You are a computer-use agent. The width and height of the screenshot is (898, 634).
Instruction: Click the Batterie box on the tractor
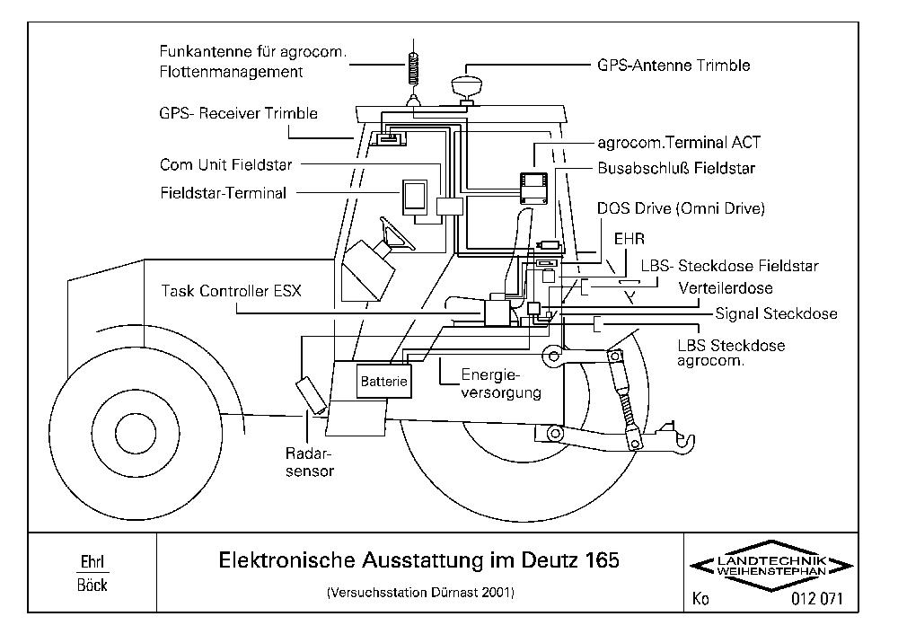[x=383, y=381]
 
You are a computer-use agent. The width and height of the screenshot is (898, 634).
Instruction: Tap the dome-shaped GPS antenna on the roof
[x=468, y=86]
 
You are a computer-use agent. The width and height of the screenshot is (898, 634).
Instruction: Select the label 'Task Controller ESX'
[x=231, y=291]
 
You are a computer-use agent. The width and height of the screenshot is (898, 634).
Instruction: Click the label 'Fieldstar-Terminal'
[x=224, y=193]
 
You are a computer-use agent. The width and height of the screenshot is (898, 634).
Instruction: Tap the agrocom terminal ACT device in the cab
[x=533, y=188]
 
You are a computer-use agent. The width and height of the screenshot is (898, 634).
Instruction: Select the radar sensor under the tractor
[x=311, y=394]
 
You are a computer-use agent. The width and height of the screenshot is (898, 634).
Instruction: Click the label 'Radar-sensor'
[x=309, y=462]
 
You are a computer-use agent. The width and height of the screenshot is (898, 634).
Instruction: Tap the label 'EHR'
[x=629, y=239]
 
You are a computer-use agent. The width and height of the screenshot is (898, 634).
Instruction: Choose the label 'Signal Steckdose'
[x=776, y=313]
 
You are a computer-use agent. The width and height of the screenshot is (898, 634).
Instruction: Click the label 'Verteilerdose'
[x=725, y=288]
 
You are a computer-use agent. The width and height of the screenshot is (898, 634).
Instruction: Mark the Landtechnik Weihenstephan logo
[x=771, y=565]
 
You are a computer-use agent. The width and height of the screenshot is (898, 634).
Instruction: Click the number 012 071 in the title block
[x=817, y=599]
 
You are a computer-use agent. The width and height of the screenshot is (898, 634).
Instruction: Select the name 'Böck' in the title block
[x=92, y=585]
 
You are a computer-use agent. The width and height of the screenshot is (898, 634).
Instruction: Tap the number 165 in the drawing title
[x=603, y=559]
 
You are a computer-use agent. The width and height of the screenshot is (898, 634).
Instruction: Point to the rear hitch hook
[x=686, y=440]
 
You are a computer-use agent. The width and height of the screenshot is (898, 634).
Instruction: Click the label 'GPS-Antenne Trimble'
[x=673, y=66]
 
